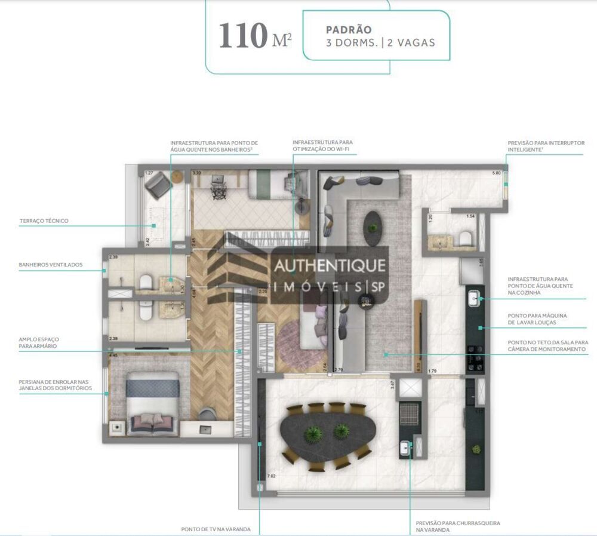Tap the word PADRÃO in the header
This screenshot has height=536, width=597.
tap(349, 29)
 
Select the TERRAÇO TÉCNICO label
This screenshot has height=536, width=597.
tap(44, 221)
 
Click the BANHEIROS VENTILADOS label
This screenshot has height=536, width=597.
tap(51, 264)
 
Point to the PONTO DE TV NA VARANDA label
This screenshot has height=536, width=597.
tap(216, 529)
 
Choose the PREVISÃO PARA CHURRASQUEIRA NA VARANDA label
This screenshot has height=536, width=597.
tap(458, 526)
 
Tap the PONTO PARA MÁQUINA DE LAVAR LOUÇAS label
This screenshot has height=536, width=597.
tap(537, 318)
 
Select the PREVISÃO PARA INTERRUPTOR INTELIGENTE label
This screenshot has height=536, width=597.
tap(546, 146)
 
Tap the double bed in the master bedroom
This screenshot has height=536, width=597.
tap(153, 404)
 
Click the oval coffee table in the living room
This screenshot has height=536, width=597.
tap(374, 228)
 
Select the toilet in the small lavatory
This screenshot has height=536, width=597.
tap(465, 239)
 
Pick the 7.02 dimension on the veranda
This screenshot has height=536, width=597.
tap(271, 476)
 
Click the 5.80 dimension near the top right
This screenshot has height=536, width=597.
tap(496, 173)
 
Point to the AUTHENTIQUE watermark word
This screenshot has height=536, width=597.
tap(329, 265)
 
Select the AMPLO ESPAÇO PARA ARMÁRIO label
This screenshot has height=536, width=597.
tap(39, 342)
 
